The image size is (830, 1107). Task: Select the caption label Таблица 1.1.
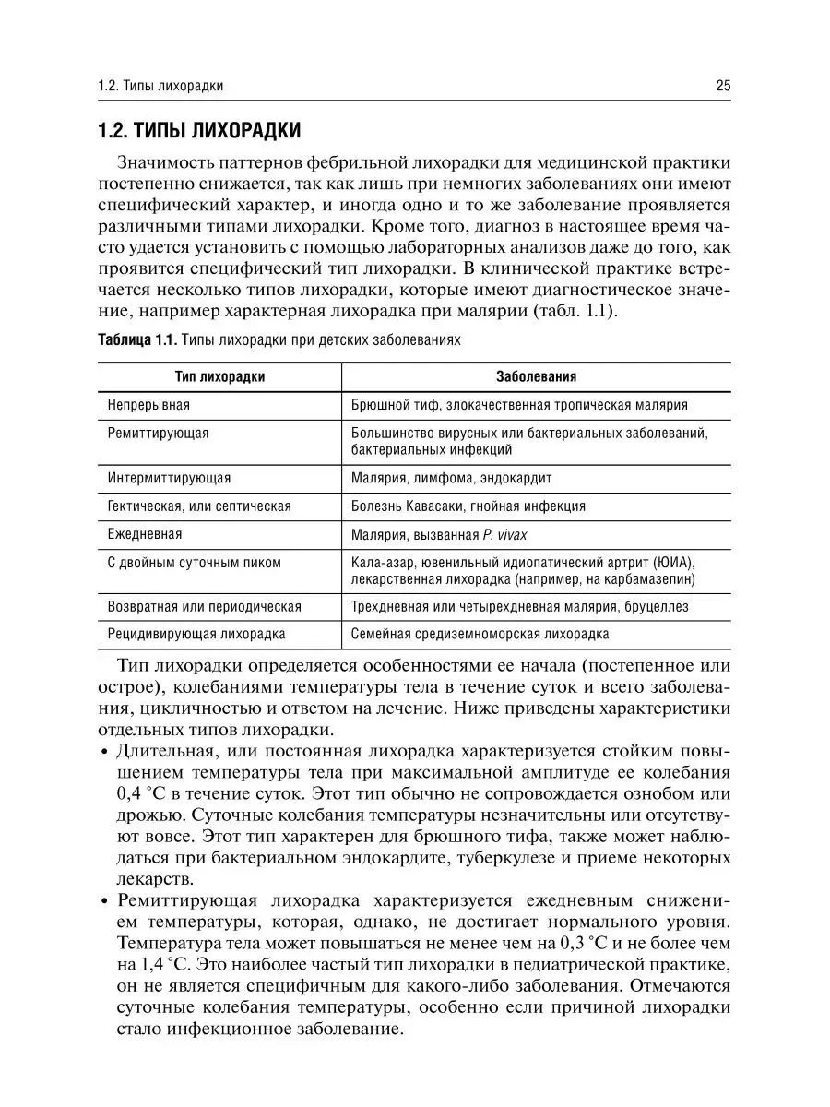coord(136,340)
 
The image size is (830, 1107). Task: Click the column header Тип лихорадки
coord(220,377)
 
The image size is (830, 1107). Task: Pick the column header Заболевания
coord(536,377)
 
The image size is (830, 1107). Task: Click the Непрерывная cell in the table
coord(148,405)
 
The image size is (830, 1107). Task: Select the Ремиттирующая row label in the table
coord(158,433)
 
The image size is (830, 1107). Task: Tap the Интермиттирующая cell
coord(169,479)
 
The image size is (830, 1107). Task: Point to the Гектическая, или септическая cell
coord(199,506)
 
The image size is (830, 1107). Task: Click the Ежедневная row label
coord(145,534)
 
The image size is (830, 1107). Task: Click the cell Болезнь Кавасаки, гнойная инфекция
coord(468,506)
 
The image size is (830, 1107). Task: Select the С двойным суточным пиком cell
coord(194,562)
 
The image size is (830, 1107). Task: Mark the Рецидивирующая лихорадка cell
coord(196,634)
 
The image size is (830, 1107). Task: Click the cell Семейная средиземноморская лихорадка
coord(480,634)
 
